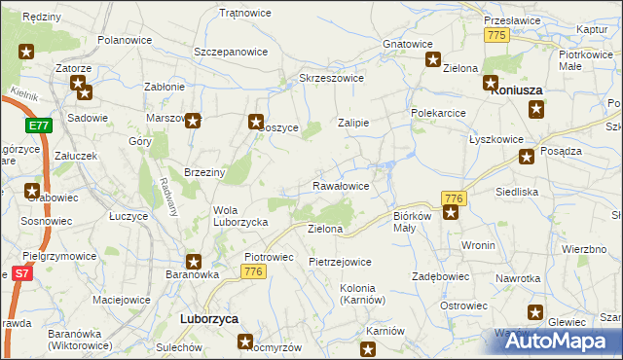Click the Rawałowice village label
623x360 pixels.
(340, 185)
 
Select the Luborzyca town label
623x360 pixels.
(210, 318)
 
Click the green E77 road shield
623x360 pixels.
(38, 126)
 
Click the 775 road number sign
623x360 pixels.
(497, 35)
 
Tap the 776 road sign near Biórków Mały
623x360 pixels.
(453, 198)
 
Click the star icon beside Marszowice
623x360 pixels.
(194, 121)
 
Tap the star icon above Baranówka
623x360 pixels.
(194, 261)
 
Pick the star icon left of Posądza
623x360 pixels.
(527, 156)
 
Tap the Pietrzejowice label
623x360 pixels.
(340, 262)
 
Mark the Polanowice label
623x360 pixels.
(123, 41)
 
